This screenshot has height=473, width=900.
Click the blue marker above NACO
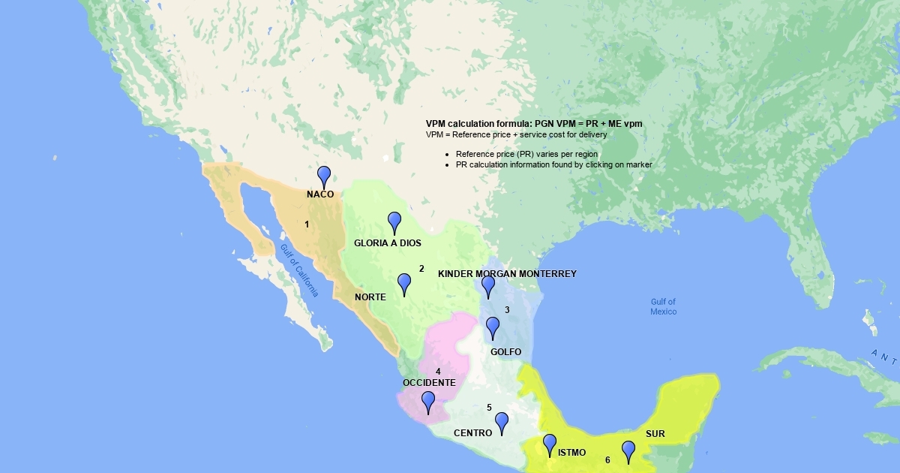point(324,176)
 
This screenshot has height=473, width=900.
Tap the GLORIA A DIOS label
point(388,243)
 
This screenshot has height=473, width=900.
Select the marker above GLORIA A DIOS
point(394,221)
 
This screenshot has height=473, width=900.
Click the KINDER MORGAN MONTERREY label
point(507,274)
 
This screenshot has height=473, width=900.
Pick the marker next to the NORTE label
point(404,283)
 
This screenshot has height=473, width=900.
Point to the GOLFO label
point(505,352)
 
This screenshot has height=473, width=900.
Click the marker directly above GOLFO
point(493,327)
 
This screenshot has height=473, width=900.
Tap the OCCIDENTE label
point(429,383)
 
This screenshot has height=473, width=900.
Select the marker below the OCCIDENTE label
point(427,401)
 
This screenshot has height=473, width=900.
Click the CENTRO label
point(472,433)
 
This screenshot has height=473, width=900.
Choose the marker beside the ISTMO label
point(550,444)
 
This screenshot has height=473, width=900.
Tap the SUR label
point(655,434)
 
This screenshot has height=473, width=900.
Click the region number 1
point(307,224)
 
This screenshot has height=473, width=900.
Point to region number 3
point(507,310)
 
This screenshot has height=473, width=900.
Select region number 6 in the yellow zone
point(607,460)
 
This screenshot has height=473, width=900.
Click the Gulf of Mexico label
point(663,306)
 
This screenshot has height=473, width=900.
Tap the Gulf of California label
point(299,270)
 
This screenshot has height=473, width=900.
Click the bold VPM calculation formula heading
point(534,123)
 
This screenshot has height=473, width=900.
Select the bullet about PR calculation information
point(553,164)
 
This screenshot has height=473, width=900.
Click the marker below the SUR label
point(628,450)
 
